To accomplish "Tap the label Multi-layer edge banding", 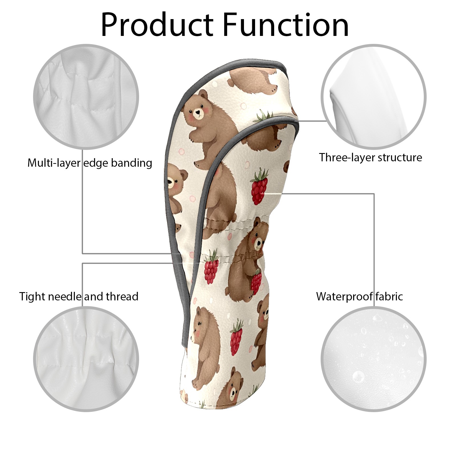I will tap(90, 163).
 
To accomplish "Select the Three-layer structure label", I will tap(370, 157).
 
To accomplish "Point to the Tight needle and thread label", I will tap(79, 296).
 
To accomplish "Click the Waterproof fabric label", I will tap(359, 296).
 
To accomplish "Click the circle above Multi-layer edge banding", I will tap(86, 97).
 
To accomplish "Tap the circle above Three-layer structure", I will tap(373, 97).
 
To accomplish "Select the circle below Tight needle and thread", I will tap(86, 359).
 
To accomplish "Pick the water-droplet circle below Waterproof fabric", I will tap(373, 359).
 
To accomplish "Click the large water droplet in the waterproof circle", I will tap(358, 377).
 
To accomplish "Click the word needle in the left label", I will tap(65, 296).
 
